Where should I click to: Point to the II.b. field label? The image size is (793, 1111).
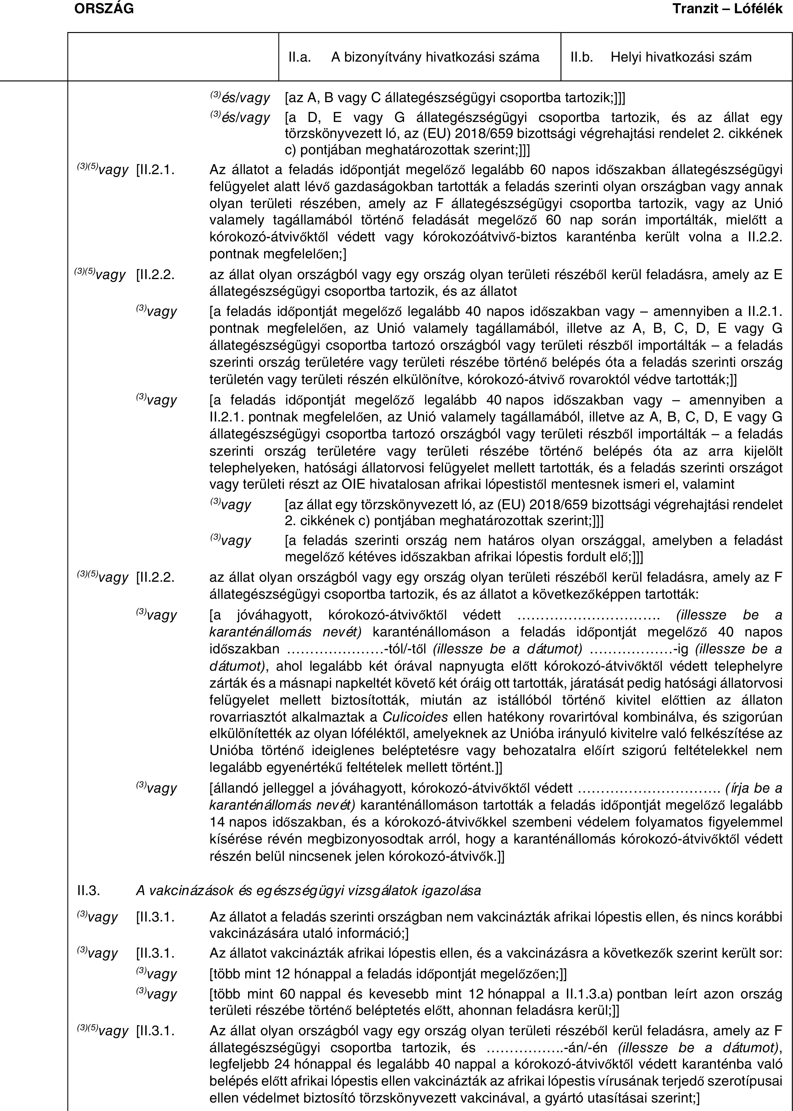point(582,58)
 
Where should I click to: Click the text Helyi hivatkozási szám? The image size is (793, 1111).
point(681,58)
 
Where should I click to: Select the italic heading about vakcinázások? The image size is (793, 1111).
point(308,890)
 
